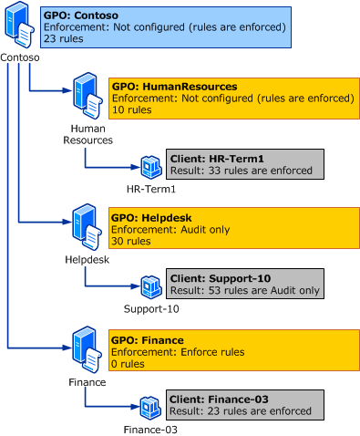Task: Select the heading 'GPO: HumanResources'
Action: tap(173, 87)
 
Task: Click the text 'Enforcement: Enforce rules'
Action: tap(176, 351)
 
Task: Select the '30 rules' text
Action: tap(130, 242)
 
